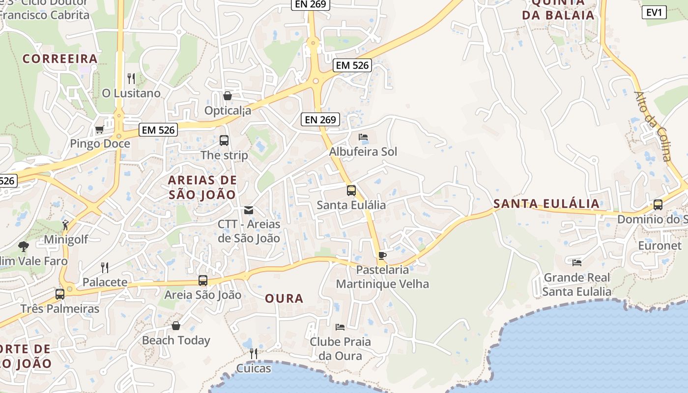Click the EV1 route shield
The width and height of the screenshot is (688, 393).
click(x=654, y=12)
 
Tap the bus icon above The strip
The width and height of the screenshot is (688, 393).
click(x=224, y=140)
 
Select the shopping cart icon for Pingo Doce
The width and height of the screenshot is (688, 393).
click(x=99, y=130)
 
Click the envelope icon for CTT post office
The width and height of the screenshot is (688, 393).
click(x=249, y=210)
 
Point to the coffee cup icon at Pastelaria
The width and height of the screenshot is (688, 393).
click(x=382, y=255)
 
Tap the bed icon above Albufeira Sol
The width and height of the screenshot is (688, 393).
click(x=363, y=137)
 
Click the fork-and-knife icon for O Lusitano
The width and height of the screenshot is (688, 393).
click(x=131, y=78)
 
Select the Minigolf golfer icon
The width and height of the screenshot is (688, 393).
click(x=65, y=225)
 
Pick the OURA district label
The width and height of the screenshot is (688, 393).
click(x=284, y=298)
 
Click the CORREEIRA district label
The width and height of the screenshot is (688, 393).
click(x=60, y=59)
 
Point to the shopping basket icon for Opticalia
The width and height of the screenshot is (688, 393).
click(x=228, y=96)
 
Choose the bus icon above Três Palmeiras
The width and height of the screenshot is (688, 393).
click(x=60, y=294)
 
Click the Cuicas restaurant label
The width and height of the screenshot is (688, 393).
click(x=254, y=368)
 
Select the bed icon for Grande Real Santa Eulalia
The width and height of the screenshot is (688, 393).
click(x=577, y=263)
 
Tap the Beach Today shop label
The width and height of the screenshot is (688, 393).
click(x=176, y=340)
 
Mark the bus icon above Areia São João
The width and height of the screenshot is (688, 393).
click(x=203, y=281)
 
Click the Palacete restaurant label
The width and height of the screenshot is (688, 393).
click(x=105, y=282)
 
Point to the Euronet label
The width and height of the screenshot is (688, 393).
click(x=659, y=245)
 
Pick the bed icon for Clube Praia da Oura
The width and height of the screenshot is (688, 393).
click(x=340, y=327)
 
